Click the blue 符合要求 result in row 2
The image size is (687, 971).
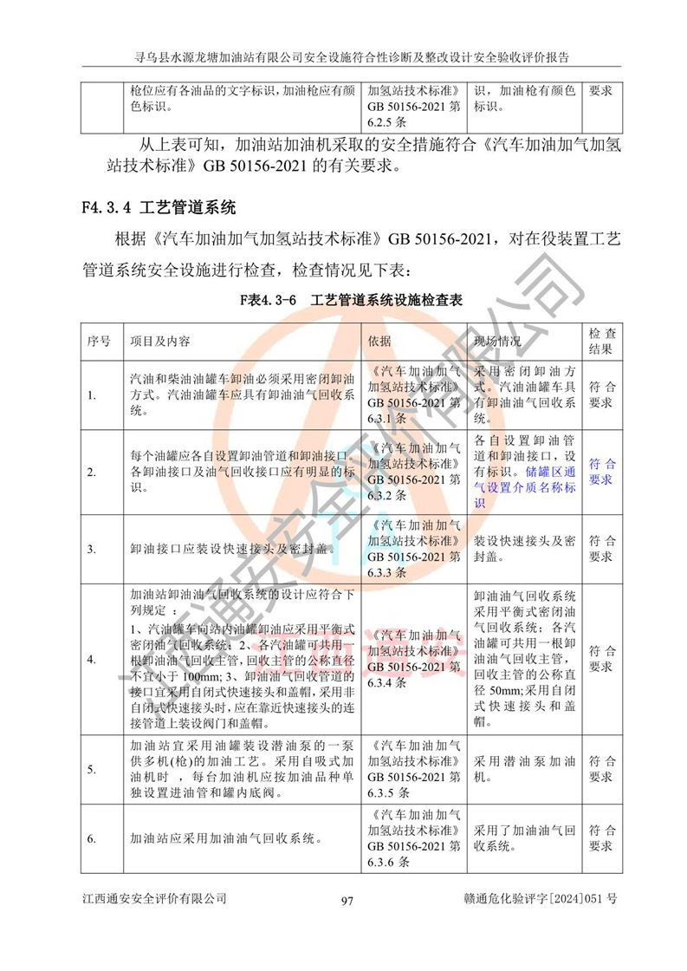[600, 472]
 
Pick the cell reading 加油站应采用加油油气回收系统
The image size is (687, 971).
[227, 839]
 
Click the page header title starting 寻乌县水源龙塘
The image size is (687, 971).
[342, 57]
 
